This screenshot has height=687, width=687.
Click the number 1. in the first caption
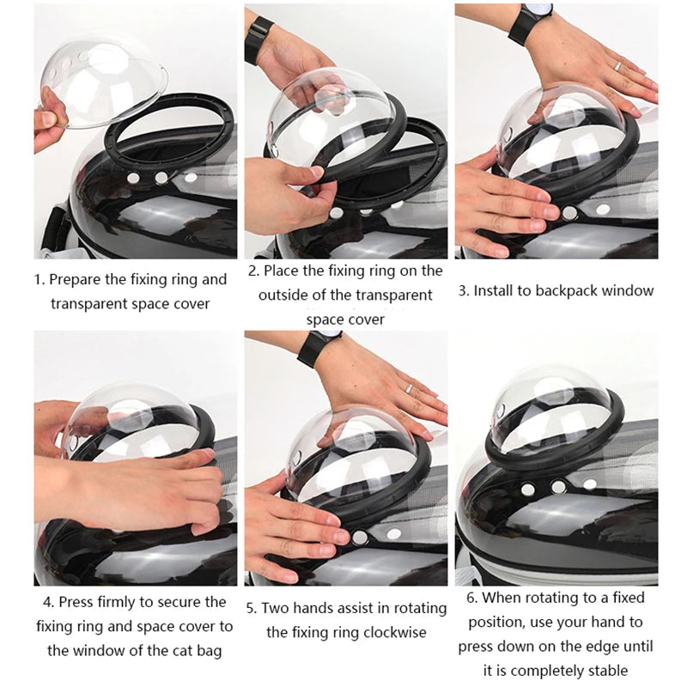click(x=40, y=279)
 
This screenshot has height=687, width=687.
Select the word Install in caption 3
click(x=495, y=290)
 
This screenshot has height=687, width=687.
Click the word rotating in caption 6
click(x=568, y=598)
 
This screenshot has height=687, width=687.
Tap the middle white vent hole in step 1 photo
click(x=161, y=177)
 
